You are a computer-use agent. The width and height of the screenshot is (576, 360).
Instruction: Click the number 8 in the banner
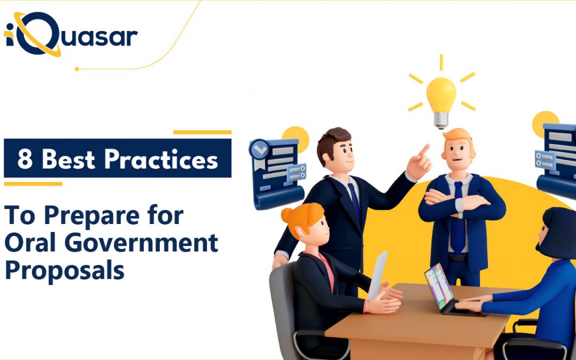(25, 159)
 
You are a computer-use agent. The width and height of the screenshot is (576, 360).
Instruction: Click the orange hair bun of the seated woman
(288, 215)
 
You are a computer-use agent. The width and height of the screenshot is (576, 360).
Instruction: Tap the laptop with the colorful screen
(439, 286)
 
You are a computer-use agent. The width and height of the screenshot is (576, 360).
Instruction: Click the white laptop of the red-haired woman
(377, 274)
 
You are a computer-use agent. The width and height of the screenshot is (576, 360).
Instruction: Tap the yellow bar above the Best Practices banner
(202, 132)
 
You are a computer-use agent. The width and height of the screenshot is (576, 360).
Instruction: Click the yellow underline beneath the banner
(33, 184)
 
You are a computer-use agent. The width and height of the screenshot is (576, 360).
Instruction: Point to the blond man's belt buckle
(458, 257)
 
